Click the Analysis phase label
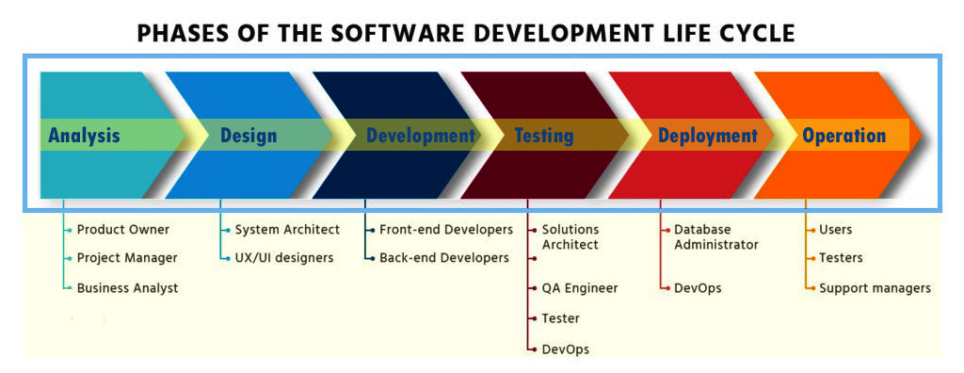coord(84,136)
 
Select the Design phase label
coord(249,136)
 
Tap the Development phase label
coord(421,136)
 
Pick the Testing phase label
coord(544,136)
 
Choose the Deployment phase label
coord(708,136)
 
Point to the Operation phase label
coord(844,136)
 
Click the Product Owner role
coord(123,230)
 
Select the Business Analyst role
coord(127,287)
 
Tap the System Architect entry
coord(287,230)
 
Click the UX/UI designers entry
coord(284,257)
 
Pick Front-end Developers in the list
coord(445,230)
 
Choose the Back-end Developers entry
coord(444,257)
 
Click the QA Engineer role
coord(580,287)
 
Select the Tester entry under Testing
coord(561,318)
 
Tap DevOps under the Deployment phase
coord(698,287)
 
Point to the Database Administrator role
coord(716,237)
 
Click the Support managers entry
coord(875,287)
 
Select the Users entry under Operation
coord(836,230)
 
